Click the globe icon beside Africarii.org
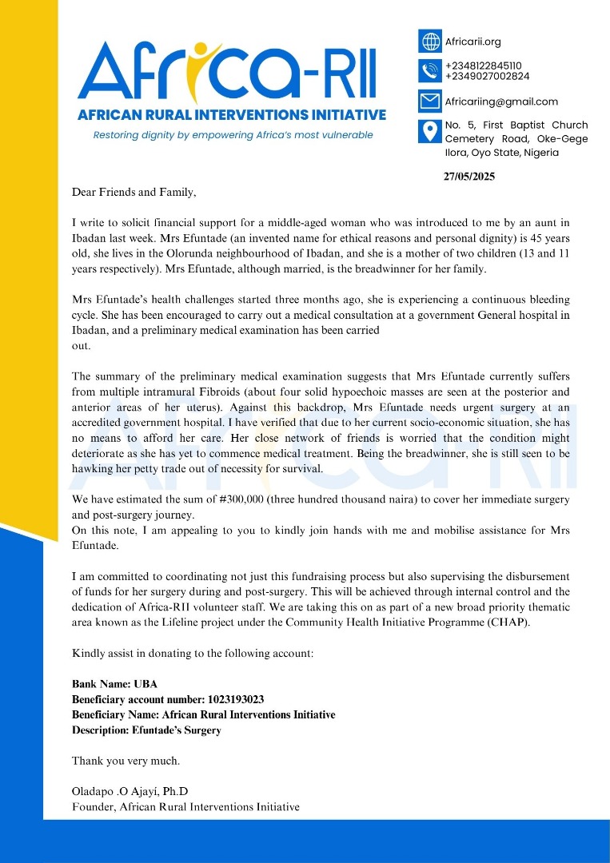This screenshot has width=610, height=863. pos(430,42)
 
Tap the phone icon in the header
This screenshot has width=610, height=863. pos(430,71)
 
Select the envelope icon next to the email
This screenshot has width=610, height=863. pos(430,101)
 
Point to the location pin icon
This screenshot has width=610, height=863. pos(430,132)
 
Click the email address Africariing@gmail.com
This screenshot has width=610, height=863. pos(501,101)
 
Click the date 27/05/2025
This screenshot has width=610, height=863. pos(469,177)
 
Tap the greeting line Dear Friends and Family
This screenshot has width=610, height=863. pos(134,193)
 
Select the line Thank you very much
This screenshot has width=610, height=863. pos(126,760)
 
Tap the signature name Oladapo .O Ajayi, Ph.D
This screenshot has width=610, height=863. pos(130,791)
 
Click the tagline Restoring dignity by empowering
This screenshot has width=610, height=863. pos(233,135)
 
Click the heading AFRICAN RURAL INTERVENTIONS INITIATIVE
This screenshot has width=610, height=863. pos(232,115)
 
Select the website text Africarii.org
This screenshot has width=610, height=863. pos(473,42)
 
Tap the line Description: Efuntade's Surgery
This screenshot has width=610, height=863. pos(146,730)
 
